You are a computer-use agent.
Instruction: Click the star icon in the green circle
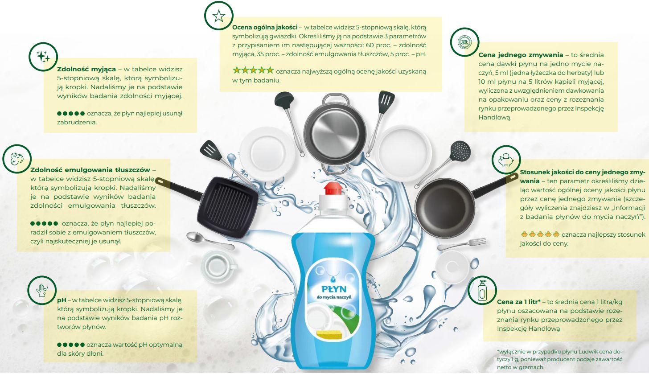[219, 16]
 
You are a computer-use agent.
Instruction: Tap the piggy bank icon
[506, 160]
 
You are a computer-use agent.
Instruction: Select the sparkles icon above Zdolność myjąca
[43, 57]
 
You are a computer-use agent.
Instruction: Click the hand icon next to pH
[42, 290]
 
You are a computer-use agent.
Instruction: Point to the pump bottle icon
[482, 291]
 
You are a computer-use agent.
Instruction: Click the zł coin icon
[464, 42]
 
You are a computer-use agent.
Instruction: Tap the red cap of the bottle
[333, 188]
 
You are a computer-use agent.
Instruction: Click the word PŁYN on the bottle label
[334, 289]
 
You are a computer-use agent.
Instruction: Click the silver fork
[461, 244]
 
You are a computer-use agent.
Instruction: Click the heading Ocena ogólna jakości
[265, 27]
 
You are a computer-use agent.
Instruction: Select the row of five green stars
[253, 70]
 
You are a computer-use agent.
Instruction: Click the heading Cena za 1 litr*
[519, 302]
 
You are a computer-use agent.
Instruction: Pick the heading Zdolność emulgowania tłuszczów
[90, 170]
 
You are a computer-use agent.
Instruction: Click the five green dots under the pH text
[71, 345]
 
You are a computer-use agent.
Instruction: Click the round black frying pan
[445, 207]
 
